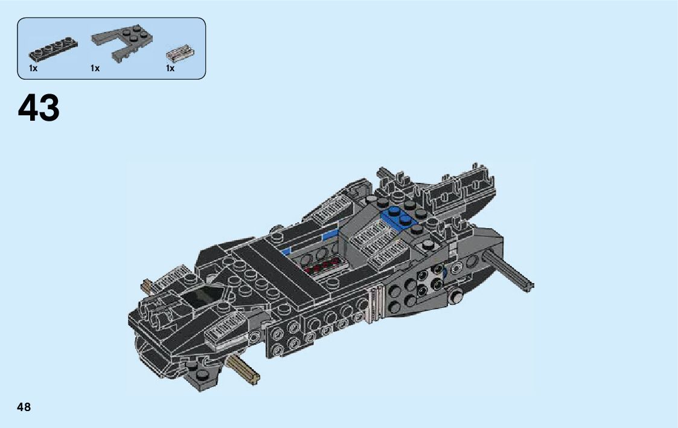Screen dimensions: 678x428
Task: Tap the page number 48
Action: coord(24,407)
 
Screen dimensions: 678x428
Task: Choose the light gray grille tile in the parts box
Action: coord(179,54)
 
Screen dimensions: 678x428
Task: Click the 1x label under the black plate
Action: coord(33,69)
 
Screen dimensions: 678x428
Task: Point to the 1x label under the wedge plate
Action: coord(95,69)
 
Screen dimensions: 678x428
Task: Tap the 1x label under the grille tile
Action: coord(170,69)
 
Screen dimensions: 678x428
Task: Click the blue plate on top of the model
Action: coord(397,217)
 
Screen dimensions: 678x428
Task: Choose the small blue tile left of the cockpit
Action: coord(287,252)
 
